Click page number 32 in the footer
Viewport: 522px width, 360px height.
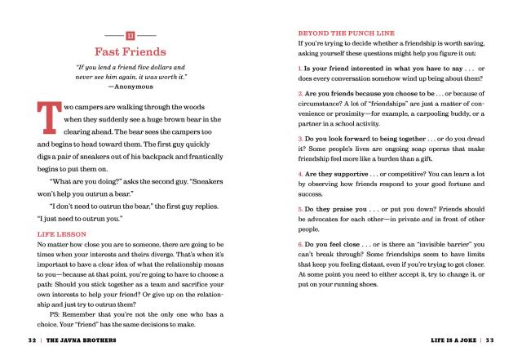pos(33,337)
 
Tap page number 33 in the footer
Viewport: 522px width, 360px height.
pos(489,337)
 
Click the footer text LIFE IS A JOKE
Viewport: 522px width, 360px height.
pos(445,337)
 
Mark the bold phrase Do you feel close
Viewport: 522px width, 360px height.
pos(336,245)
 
